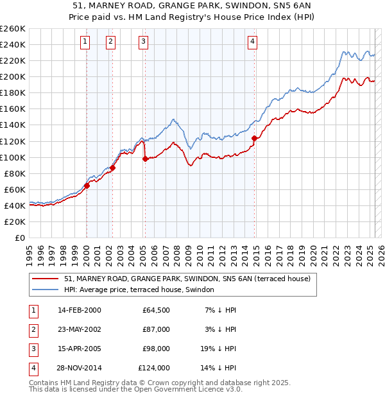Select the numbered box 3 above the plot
click(x=142, y=42)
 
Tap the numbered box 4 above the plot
click(x=253, y=42)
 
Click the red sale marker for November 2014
click(x=255, y=138)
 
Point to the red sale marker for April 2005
click(x=145, y=159)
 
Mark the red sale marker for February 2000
click(x=87, y=186)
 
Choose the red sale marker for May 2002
click(x=112, y=168)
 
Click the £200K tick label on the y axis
click(x=13, y=76)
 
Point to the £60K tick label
click(x=15, y=189)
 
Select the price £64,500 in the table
click(x=157, y=310)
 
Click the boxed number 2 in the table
click(x=32, y=329)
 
